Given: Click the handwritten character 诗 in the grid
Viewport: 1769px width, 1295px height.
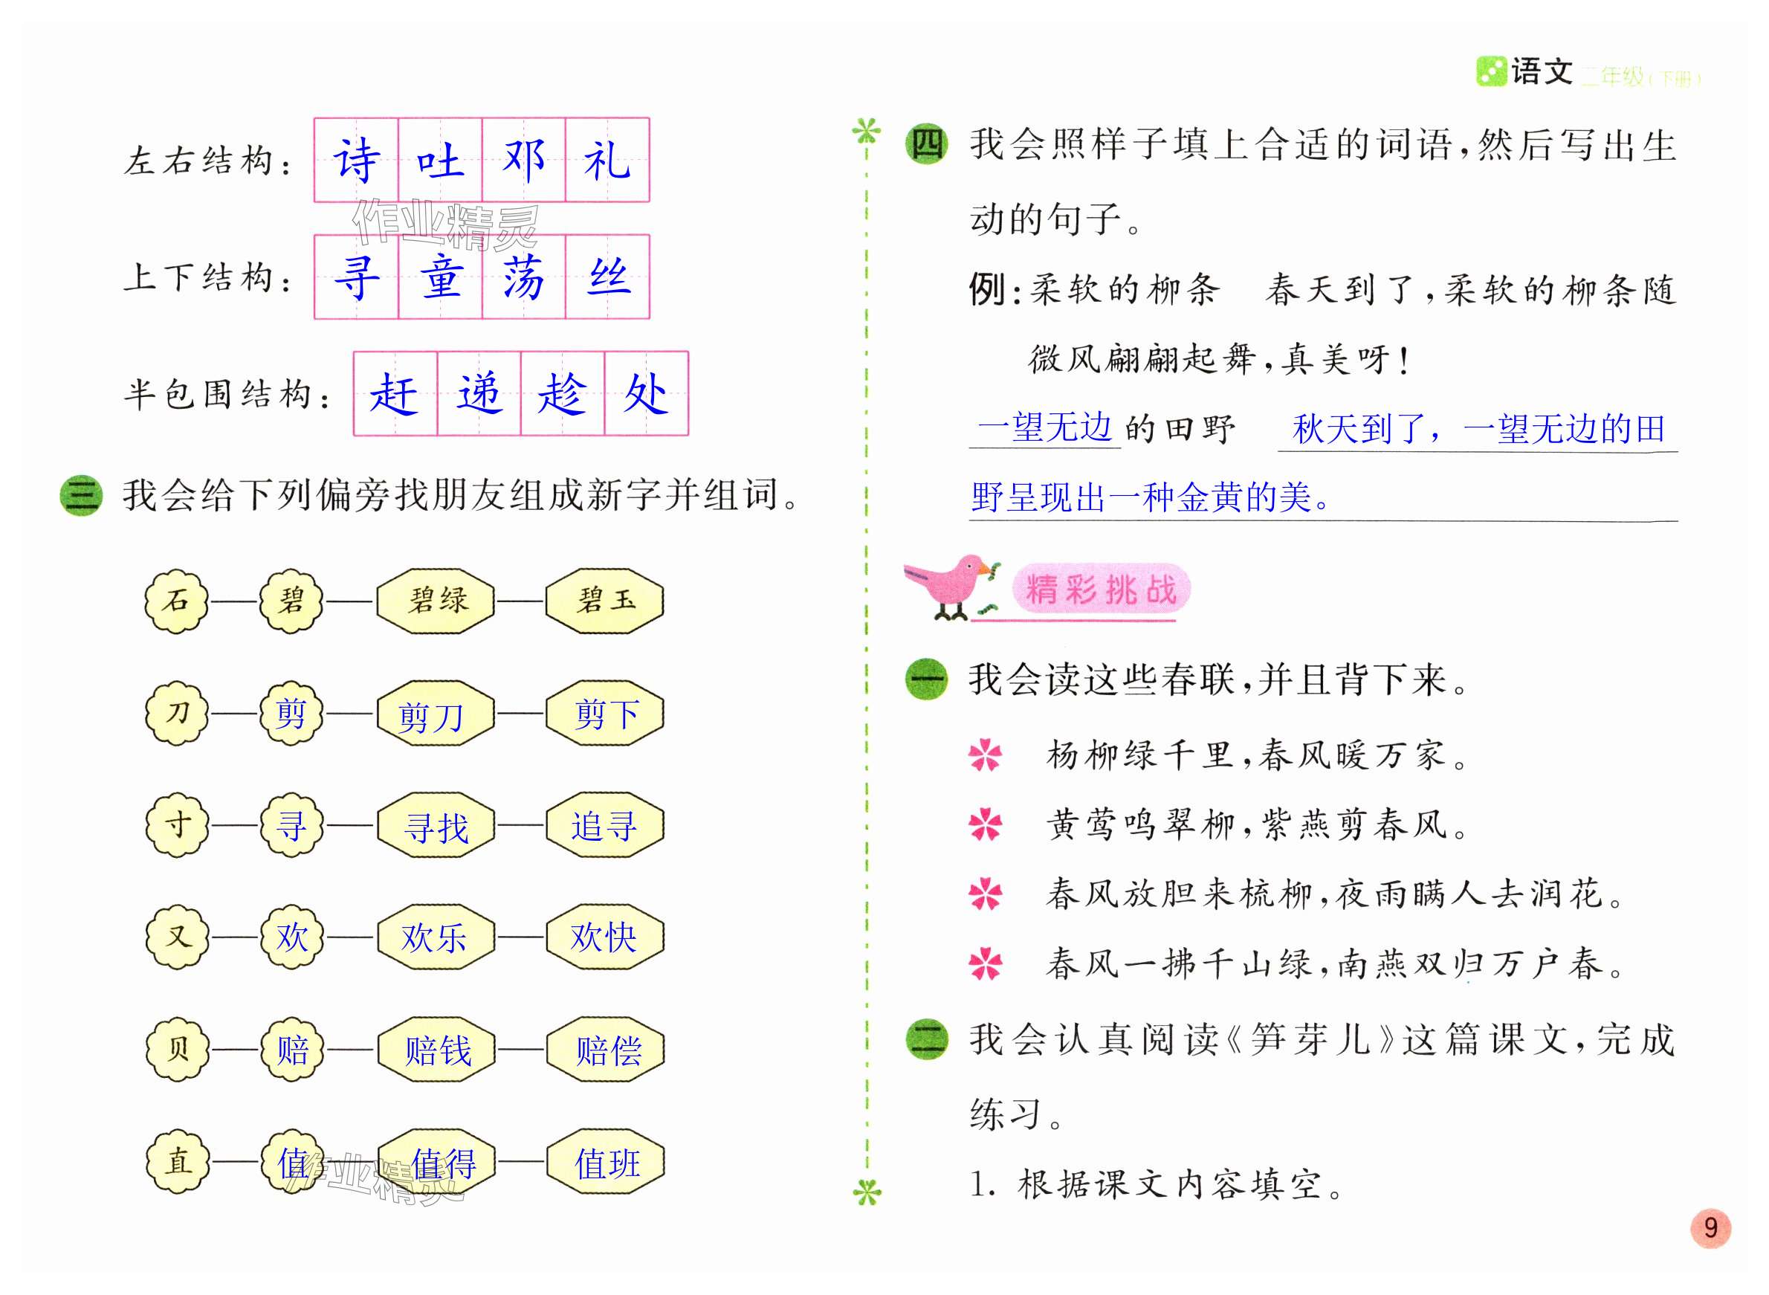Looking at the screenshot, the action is pyautogui.click(x=357, y=160).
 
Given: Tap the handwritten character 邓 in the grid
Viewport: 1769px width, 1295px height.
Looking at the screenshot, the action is pyautogui.click(x=523, y=160).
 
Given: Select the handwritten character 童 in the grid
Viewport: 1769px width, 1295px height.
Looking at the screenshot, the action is pyautogui.click(x=441, y=277).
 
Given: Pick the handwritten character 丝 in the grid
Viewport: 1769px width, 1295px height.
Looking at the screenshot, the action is pyautogui.click(x=608, y=277).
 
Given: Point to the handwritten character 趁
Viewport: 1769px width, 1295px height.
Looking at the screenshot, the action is pyautogui.click(x=562, y=393).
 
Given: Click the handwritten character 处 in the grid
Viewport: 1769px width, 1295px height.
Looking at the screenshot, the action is pyautogui.click(x=647, y=393).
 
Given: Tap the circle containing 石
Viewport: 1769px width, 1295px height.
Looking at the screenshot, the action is pyautogui.click(x=177, y=601).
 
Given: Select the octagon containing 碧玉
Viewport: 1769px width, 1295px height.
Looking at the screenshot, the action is pyautogui.click(x=604, y=601).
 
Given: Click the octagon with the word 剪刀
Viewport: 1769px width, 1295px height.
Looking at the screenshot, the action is pyautogui.click(x=435, y=714).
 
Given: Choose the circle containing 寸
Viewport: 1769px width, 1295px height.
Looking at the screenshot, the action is pyautogui.click(x=177, y=825).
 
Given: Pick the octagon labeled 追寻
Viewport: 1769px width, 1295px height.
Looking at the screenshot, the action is pyautogui.click(x=604, y=826).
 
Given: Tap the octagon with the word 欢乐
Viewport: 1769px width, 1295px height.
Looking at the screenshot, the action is pyautogui.click(x=435, y=937).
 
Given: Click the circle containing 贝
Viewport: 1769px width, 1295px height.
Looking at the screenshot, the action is pyautogui.click(x=177, y=1050).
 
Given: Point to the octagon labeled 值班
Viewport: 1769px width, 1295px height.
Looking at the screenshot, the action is pyautogui.click(x=605, y=1163).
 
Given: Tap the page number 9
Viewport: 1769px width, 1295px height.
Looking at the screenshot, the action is pyautogui.click(x=1710, y=1227).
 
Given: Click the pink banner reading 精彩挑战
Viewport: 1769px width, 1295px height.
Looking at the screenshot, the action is pyautogui.click(x=1102, y=589).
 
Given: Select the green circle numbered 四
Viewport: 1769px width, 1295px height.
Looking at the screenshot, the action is pyautogui.click(x=926, y=145).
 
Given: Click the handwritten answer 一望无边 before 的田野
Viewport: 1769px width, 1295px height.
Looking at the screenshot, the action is pyautogui.click(x=1045, y=428).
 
